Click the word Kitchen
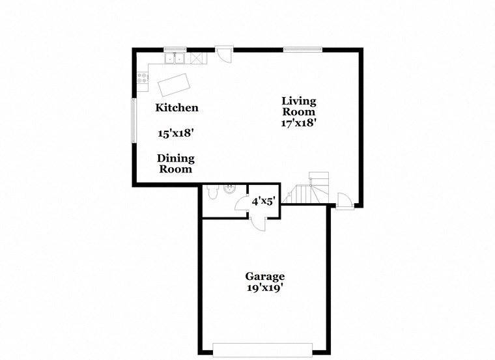(x=177, y=107)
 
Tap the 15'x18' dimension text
(x=176, y=133)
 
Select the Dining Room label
(x=176, y=163)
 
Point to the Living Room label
(x=299, y=105)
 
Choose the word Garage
(x=264, y=276)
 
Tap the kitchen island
(x=174, y=85)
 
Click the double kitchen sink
(x=174, y=59)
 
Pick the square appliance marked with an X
(x=195, y=59)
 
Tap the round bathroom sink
(x=229, y=190)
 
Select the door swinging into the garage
(x=258, y=223)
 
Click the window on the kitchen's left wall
(x=134, y=120)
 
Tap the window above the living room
(x=302, y=49)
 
